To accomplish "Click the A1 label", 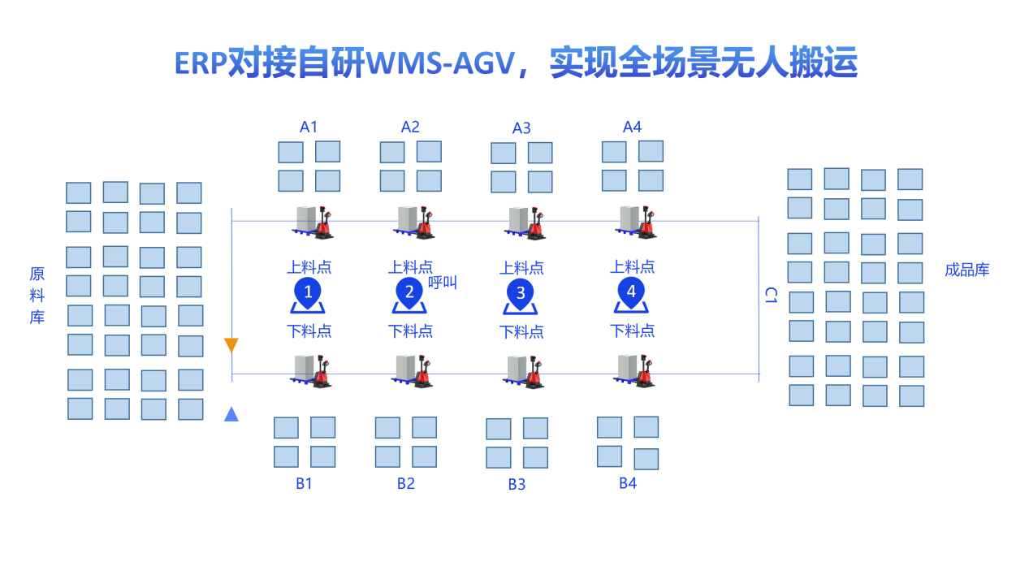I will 309,127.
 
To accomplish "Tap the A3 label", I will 521,128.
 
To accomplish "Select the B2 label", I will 406,484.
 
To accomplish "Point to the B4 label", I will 628,484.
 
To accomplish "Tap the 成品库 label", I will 967,270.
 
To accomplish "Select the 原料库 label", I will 37,296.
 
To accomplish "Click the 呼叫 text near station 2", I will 443,283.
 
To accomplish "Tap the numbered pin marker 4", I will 631,291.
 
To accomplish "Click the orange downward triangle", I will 231,345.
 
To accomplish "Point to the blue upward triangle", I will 231,414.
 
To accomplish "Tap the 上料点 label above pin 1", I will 309,267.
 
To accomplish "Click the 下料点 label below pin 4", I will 632,331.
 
